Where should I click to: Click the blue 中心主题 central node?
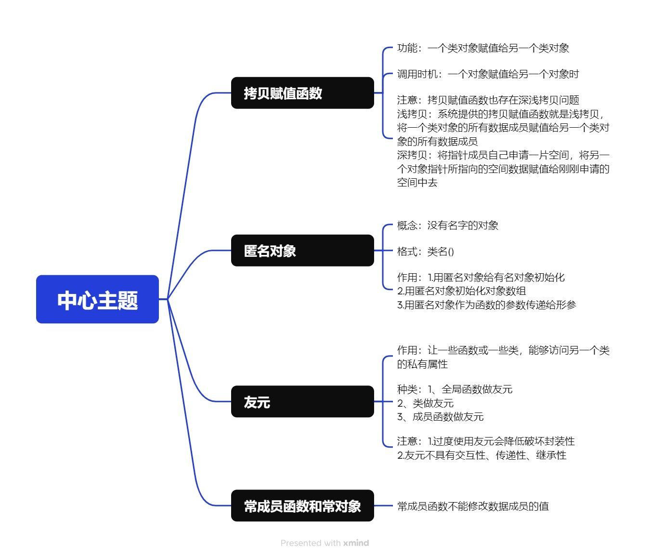coord(97,299)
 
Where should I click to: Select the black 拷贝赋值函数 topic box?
coord(302,93)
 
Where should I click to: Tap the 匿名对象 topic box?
coord(302,251)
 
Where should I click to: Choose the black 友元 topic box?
coord(302,401)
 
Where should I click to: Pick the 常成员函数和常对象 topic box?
coord(302,506)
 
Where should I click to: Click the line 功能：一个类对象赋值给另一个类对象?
coord(483,48)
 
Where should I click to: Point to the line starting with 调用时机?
coord(488,74)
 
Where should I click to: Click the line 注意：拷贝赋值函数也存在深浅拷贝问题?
coord(488,100)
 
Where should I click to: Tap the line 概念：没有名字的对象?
coord(447,226)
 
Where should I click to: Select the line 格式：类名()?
coord(425,252)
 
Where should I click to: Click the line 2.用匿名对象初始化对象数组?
coord(461,291)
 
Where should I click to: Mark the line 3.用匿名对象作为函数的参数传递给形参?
coord(486,305)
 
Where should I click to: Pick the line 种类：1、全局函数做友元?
coord(455,389)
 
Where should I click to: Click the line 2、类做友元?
coord(425,403)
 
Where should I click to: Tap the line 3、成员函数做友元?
coord(440,417)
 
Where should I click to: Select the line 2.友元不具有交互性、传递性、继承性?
coord(481,455)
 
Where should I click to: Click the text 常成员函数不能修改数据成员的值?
coord(473,506)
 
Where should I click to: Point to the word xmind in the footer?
coord(356,543)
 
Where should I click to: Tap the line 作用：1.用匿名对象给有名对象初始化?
coord(481,278)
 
